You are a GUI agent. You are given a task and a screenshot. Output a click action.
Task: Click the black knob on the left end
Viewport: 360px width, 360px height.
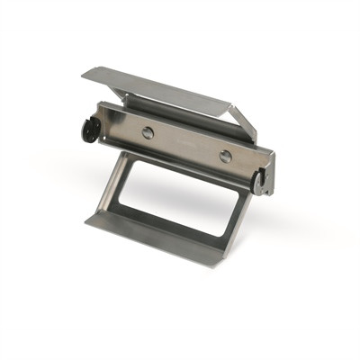(x=88, y=130)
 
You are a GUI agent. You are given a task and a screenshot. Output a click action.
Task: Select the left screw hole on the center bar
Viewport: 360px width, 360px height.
(x=148, y=132)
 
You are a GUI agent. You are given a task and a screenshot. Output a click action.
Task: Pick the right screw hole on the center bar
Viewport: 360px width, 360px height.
(x=225, y=156)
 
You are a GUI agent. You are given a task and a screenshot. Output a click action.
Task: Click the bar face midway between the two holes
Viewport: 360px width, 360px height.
(x=186, y=144)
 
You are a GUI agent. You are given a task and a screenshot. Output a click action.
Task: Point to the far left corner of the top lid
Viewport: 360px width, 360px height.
(x=84, y=72)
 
